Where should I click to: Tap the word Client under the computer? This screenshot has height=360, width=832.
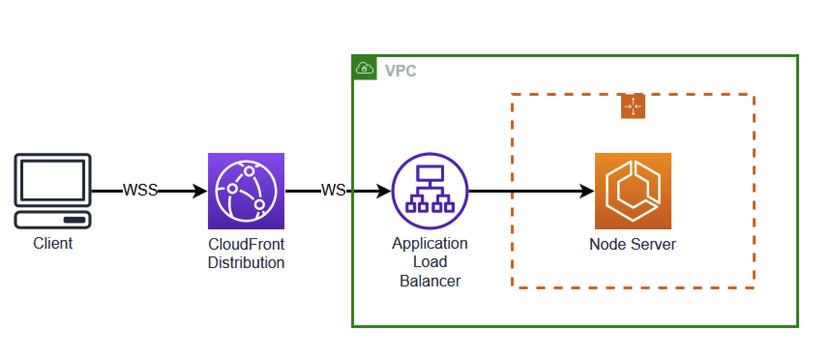coord(53,243)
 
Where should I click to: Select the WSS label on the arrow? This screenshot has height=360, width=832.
coord(140,190)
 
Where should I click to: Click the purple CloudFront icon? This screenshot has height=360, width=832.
coord(246,191)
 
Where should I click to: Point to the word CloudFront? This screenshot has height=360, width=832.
coord(246,244)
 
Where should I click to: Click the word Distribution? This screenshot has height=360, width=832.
coord(246,262)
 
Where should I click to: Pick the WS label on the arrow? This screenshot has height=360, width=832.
coord(333,190)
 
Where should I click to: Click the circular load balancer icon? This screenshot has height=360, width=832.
coord(430,191)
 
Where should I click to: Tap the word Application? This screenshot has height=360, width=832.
coord(430,243)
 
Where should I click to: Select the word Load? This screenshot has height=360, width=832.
coord(430,262)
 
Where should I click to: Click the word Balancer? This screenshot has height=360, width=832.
coord(430,281)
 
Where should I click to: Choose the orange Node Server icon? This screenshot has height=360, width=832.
coord(633,191)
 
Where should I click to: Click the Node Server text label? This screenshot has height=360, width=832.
coord(632,244)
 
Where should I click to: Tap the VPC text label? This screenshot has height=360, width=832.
coord(400,71)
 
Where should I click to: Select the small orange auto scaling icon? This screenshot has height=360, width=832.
coord(633,106)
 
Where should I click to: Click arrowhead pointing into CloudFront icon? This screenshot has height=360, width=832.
coord(201,191)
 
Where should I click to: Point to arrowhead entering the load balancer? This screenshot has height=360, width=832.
coord(385,191)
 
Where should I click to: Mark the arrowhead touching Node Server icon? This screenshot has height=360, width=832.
coord(588,191)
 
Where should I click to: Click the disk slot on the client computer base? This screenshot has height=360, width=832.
coord(74,220)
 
